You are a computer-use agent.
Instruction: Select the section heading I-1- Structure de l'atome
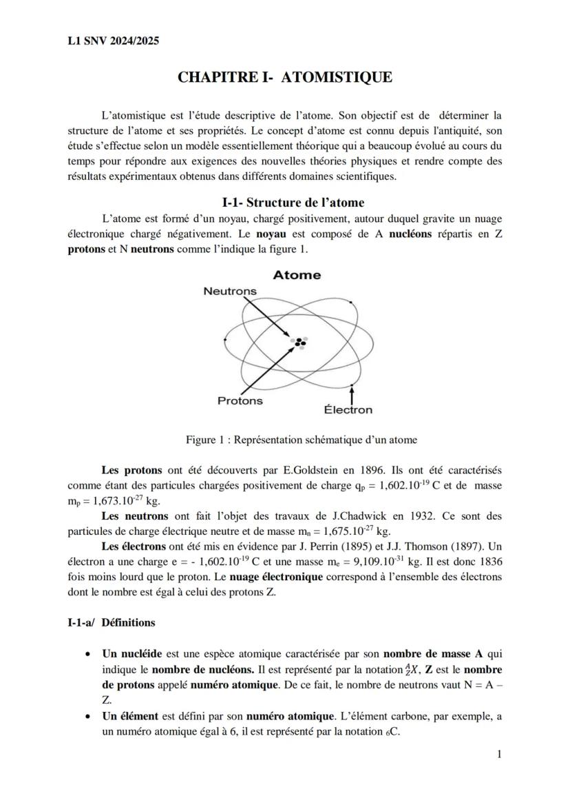(293, 202)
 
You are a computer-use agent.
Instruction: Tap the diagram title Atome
(297, 275)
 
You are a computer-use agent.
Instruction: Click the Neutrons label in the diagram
(230, 291)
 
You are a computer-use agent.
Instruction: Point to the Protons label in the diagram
(240, 400)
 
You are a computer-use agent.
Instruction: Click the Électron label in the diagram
(348, 410)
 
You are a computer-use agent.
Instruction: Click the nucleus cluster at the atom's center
(299, 342)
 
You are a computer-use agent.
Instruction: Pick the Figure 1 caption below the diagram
(301, 440)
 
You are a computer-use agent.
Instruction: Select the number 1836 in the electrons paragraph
(489, 561)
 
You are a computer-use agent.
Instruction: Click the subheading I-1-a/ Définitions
(111, 622)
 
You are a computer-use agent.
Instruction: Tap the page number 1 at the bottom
(499, 755)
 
